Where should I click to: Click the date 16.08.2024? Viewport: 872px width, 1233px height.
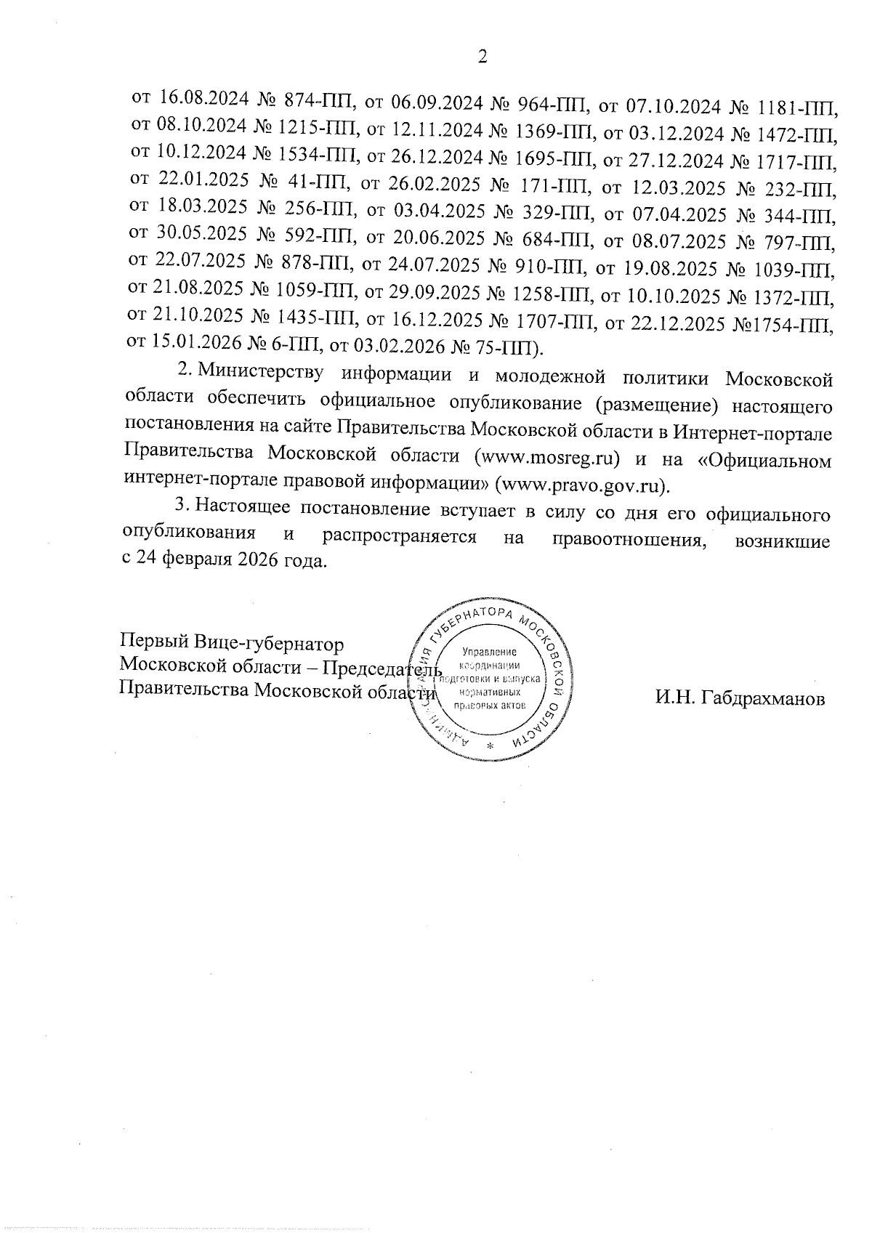204,98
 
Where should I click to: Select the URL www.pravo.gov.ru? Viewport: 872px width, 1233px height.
581,483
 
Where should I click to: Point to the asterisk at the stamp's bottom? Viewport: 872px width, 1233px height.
489,748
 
